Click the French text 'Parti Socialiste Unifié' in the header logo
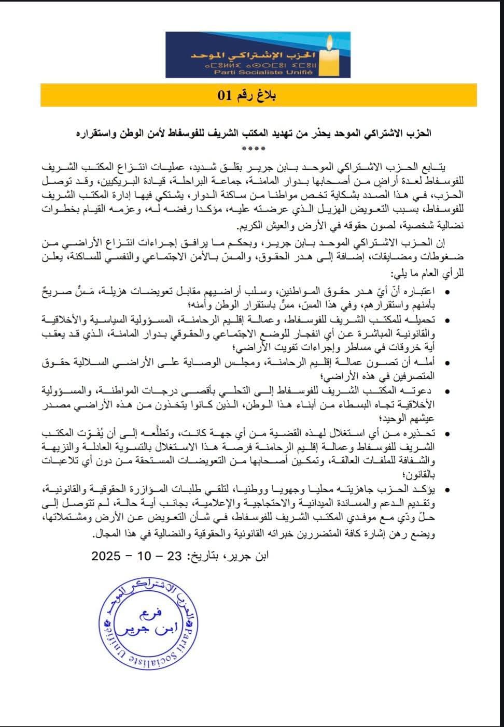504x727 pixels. pos(263,72)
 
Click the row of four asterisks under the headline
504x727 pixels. pos(254,149)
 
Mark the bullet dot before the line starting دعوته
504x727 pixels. pos(447,390)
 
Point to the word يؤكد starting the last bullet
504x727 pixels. pos(426,489)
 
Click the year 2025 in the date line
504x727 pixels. pos(106,556)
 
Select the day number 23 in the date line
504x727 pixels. pos(174,556)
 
